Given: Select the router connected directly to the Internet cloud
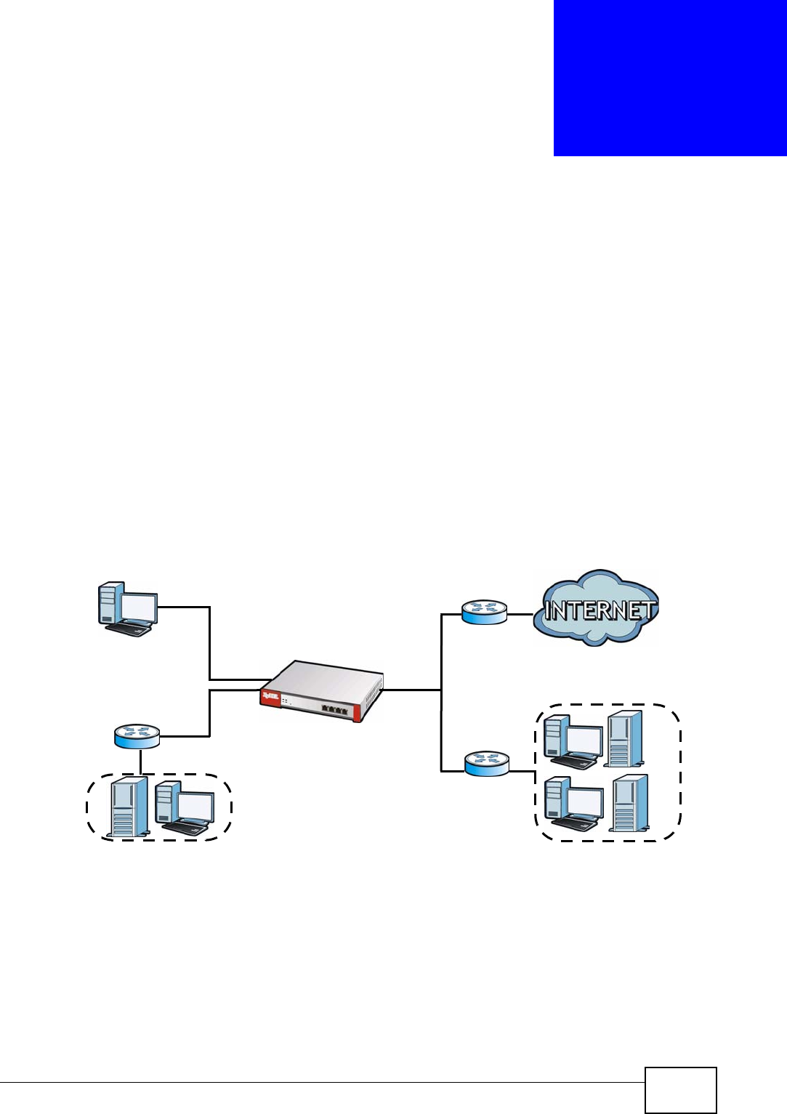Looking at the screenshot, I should pos(484,612).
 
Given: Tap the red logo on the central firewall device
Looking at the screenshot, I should pos(270,698).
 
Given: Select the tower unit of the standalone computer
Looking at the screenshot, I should pos(110,602).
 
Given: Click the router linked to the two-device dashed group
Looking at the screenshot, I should pos(137,736).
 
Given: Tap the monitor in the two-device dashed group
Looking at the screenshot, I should pos(195,806).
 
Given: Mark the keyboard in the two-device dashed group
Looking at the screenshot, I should pos(185,827).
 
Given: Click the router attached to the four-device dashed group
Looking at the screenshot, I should pos(487,763).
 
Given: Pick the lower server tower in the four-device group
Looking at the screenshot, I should pos(629,803).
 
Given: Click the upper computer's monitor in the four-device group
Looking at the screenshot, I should pos(584,741).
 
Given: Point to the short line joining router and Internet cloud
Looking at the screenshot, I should pos(520,614).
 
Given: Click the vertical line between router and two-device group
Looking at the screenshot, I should pos(140,762).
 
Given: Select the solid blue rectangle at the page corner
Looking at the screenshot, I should pos(670,77).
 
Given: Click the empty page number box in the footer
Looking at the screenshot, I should pos(680,1089).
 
